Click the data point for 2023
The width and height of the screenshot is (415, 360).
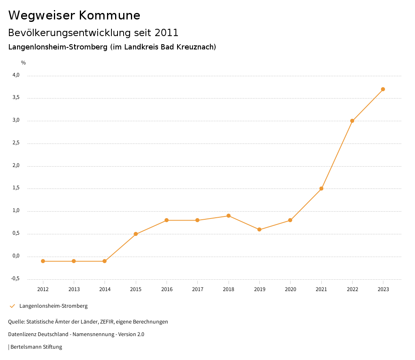pyautogui.click(x=383, y=89)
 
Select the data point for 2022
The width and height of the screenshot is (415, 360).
pyautogui.click(x=352, y=121)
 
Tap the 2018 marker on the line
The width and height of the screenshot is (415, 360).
pyautogui.click(x=229, y=216)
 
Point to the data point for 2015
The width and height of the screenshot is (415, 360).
pyautogui.click(x=136, y=234)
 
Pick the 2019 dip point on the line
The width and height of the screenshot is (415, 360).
pyautogui.click(x=259, y=229)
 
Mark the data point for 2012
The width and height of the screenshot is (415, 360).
pyautogui.click(x=43, y=261)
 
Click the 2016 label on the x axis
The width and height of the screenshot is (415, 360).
pyautogui.click(x=167, y=289)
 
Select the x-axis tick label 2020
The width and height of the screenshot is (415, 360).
pyautogui.click(x=291, y=289)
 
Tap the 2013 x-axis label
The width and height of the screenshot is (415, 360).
pyautogui.click(x=74, y=289)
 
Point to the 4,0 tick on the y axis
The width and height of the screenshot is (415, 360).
pyautogui.click(x=16, y=75)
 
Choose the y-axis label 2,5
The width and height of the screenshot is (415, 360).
pyautogui.click(x=16, y=143)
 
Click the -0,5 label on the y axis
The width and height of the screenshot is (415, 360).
pyautogui.click(x=15, y=279)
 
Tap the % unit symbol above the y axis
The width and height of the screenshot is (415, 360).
pyautogui.click(x=24, y=63)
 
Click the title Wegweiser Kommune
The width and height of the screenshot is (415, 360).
pyautogui.click(x=74, y=15)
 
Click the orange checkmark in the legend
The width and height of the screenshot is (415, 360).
pyautogui.click(x=12, y=306)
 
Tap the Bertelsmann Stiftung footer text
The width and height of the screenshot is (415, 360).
pyautogui.click(x=36, y=347)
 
